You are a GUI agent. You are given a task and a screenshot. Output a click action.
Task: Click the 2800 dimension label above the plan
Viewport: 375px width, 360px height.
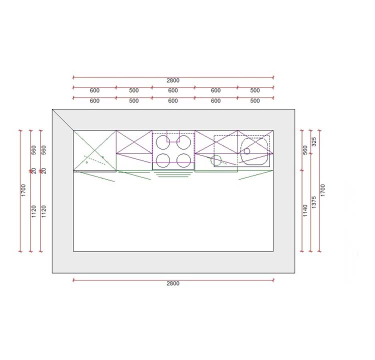173,80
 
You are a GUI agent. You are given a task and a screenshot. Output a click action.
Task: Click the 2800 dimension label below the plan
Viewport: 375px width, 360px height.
173,283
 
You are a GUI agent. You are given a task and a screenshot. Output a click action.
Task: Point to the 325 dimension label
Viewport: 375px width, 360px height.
314,141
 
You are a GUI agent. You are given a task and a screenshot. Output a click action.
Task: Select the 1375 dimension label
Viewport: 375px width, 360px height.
314,202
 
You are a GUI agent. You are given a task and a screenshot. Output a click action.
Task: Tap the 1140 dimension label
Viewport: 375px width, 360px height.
305,210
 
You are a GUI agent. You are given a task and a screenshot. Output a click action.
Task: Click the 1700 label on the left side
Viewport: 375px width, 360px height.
23,190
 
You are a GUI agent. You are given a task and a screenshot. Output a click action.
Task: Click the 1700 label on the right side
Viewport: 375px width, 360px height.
323,190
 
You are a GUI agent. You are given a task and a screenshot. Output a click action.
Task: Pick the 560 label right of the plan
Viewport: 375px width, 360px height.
305,150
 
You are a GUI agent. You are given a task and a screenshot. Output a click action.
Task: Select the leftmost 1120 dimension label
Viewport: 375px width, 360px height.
33,211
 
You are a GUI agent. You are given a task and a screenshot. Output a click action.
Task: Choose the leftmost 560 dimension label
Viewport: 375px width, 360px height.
33,150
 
